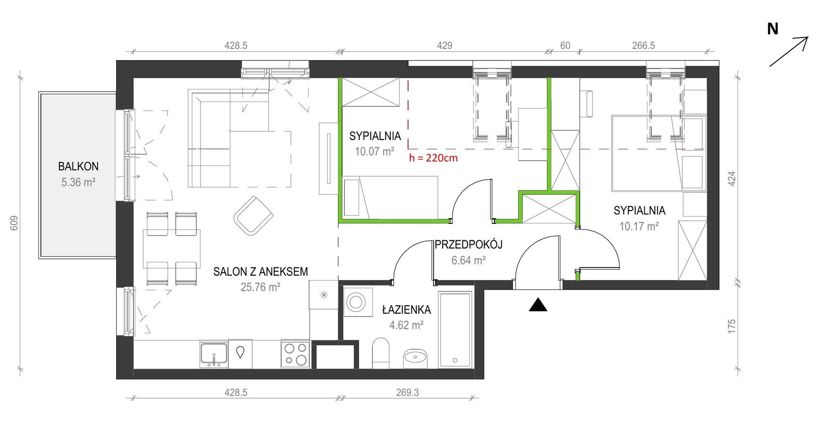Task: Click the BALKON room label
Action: pyautogui.click(x=78, y=166)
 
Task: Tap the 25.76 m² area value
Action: pyautogui.click(x=261, y=287)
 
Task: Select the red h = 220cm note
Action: pyautogui.click(x=433, y=158)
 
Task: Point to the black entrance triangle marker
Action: pyautogui.click(x=538, y=305)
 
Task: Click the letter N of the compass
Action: pyautogui.click(x=773, y=29)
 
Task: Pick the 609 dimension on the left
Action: pyautogui.click(x=14, y=223)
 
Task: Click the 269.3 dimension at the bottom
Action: pyautogui.click(x=407, y=392)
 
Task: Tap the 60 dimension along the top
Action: pyautogui.click(x=565, y=45)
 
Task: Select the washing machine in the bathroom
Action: pyautogui.click(x=358, y=302)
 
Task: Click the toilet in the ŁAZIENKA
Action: pyautogui.click(x=380, y=353)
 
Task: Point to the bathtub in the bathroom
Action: pyautogui.click(x=455, y=330)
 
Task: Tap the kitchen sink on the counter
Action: pyautogui.click(x=214, y=354)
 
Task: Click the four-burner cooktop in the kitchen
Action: pyautogui.click(x=295, y=354)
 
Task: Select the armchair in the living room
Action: pyautogui.click(x=253, y=215)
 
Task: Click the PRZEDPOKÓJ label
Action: pyautogui.click(x=468, y=245)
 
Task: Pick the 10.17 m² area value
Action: pyautogui.click(x=639, y=226)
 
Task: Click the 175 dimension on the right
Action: pyautogui.click(x=732, y=326)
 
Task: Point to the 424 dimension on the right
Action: pyautogui.click(x=732, y=178)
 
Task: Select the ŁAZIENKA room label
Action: pyautogui.click(x=406, y=310)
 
